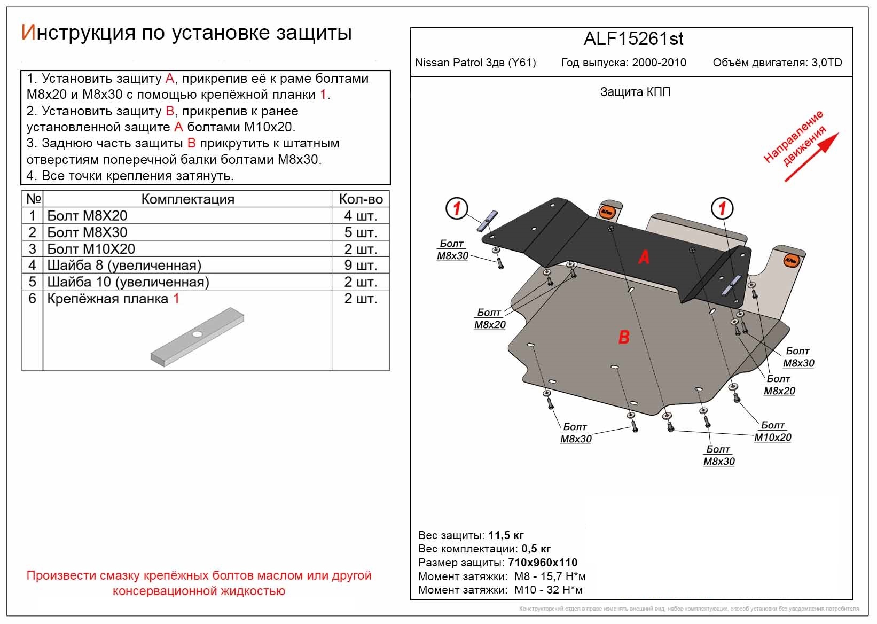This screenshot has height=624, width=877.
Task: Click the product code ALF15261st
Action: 633,39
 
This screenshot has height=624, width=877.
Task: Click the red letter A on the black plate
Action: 644,258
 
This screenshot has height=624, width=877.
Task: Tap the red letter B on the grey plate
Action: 624,337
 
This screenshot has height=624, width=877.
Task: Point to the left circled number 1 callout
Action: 457,208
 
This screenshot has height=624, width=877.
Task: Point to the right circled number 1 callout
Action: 722,208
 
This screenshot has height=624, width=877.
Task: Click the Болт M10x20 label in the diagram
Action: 772,432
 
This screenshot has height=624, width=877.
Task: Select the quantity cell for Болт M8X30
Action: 361,232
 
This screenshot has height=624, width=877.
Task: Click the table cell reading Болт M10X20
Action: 91,249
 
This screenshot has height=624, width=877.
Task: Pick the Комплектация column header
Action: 187,199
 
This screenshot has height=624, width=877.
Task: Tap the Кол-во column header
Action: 361,199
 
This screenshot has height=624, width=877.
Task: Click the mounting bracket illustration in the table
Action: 198,337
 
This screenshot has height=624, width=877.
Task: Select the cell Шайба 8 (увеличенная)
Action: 124,266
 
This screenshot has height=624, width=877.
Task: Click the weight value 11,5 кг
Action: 506,535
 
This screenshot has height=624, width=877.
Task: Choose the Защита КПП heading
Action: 635,92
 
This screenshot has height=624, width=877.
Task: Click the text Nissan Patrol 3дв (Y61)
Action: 475,63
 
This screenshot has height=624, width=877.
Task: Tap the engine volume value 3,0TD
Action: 826,63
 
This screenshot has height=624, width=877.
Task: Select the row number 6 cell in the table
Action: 32,299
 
